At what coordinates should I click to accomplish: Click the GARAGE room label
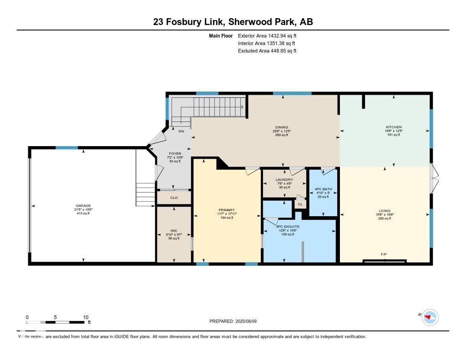83,206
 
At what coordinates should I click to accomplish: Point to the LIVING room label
385,211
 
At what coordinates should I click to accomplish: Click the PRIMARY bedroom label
226,210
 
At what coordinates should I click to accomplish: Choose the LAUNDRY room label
284,180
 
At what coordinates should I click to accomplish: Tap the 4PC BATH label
323,189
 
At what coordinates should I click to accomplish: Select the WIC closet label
174,231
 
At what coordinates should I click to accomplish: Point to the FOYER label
175,154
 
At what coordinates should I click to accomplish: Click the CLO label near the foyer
174,198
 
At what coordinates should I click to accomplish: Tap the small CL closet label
300,204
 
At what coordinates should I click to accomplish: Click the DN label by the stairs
181,132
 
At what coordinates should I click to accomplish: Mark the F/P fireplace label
384,254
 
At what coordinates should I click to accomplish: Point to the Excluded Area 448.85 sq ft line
267,51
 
